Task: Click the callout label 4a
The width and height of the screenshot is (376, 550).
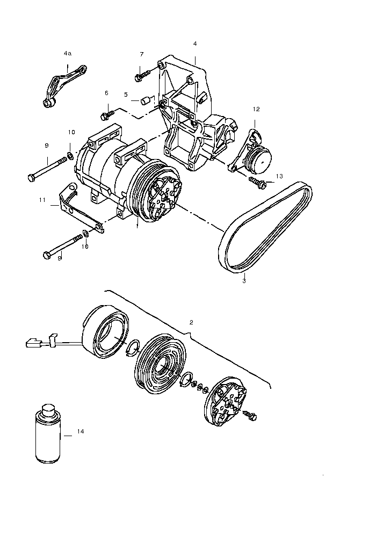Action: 67,54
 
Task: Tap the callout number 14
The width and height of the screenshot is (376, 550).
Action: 81,431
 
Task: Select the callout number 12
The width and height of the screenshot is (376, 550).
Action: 256,109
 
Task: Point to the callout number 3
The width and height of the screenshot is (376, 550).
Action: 243,280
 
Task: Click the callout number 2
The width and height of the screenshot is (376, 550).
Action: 191,322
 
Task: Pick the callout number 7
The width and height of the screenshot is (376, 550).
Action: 142,54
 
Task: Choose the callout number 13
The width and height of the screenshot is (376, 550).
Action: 279,176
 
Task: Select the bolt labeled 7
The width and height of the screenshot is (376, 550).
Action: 139,77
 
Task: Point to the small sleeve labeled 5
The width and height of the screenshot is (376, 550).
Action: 144,100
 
